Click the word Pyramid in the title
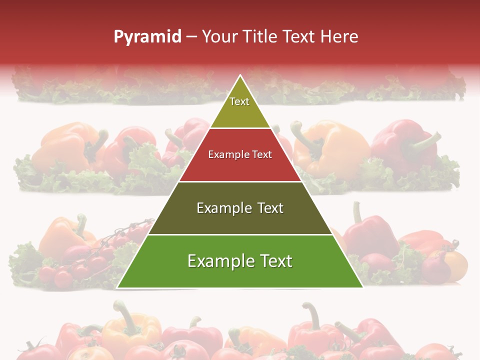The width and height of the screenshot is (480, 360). pos(147,37)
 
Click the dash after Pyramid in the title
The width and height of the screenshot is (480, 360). pos(191,37)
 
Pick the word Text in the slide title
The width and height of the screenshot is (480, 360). pos(300,36)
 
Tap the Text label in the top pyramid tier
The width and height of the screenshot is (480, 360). pos(239,101)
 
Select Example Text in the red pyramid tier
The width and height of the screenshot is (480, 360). pos(240,154)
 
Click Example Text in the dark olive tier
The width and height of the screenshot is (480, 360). pos(240,208)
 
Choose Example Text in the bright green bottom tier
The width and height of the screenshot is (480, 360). pos(240,261)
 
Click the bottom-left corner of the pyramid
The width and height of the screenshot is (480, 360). pos(117,287)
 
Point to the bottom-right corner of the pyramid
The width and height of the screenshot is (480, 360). pos(362,287)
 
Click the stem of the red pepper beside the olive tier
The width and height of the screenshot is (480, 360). pos(356,212)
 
